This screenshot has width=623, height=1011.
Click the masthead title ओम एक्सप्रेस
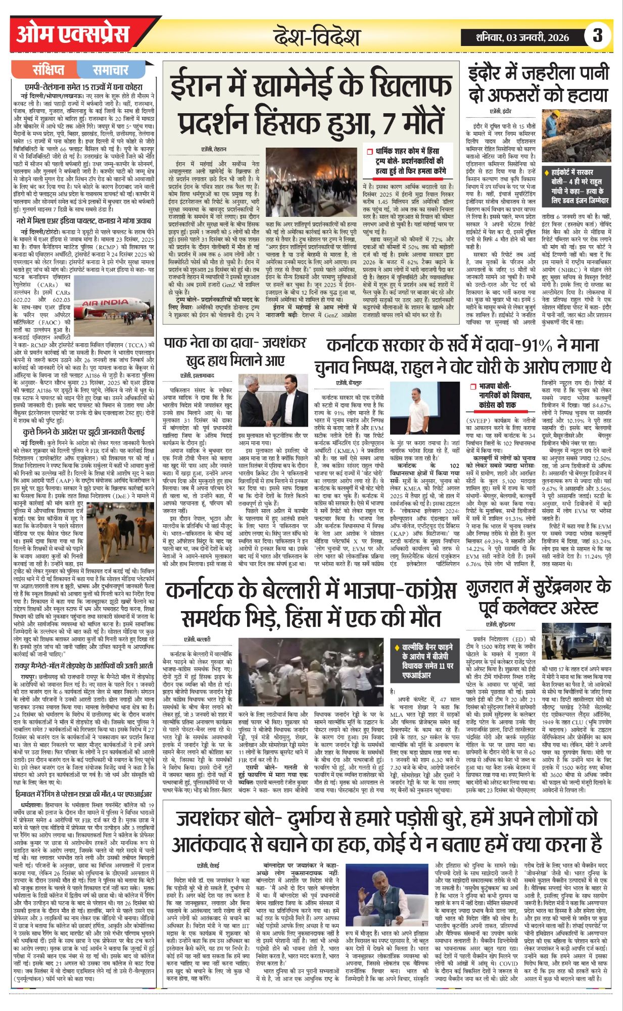coord(73,35)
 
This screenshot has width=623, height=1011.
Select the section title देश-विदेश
coord(317,37)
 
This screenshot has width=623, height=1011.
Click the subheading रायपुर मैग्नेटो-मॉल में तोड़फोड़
coord(83,666)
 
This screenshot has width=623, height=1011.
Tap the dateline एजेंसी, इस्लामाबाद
coord(198,376)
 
